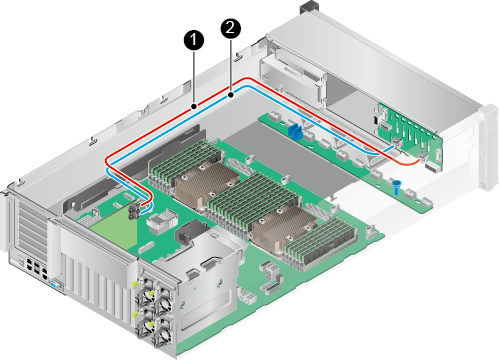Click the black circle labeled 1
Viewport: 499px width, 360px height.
pos(194,40)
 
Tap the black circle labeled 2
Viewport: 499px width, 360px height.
pos(231,28)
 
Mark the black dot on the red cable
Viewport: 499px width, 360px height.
pos(194,106)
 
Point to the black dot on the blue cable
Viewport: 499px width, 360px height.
pos(231,96)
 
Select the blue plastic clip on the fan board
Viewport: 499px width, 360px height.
pos(294,132)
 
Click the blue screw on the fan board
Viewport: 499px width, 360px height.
pos(396,187)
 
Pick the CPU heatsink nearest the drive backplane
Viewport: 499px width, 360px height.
pos(283,227)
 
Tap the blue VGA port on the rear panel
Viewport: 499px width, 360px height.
pos(55,285)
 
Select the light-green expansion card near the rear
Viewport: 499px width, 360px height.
pos(113,232)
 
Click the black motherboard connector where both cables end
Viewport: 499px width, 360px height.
pos(136,211)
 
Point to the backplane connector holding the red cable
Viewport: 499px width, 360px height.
pos(423,157)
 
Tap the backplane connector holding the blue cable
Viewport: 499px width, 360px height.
pos(396,142)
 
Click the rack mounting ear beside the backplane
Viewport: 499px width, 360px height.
pos(488,147)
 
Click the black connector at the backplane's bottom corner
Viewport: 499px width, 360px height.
pos(432,168)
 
